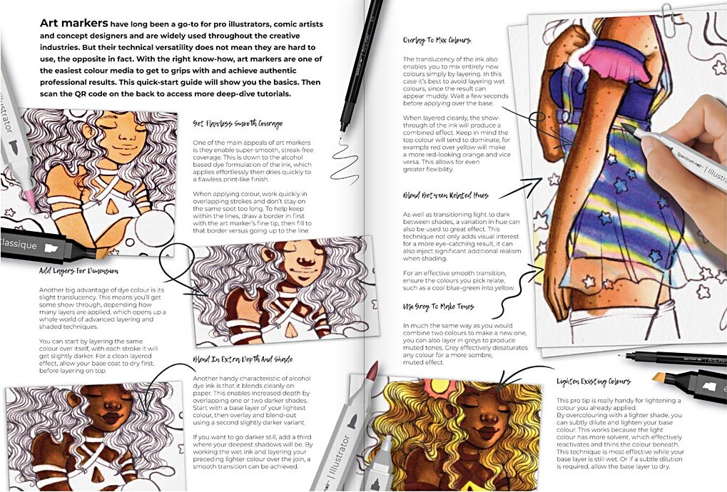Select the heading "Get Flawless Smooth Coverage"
237,123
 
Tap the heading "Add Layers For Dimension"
78,271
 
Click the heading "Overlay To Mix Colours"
437,40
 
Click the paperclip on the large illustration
668,12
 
